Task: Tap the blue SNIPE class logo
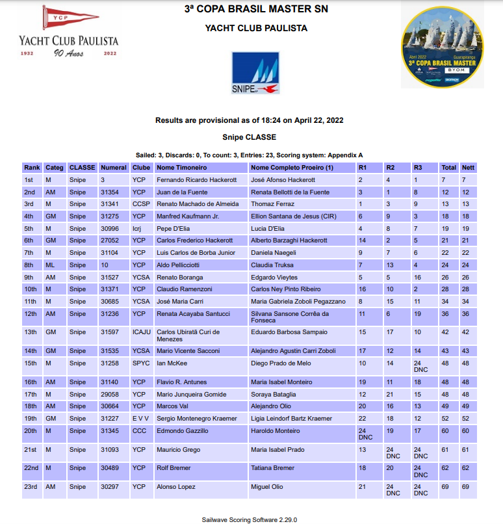tap(255, 73)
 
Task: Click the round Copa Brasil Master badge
tap(442, 47)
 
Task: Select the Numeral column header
tap(113, 168)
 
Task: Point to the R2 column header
tap(390, 168)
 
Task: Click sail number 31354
tap(110, 192)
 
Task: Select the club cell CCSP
tap(141, 204)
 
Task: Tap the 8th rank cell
tap(30, 265)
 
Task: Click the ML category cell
tap(49, 265)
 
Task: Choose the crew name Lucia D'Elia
tap(267, 229)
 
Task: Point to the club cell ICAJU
tap(142, 332)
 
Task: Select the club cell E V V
tap(141, 419)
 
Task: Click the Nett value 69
tap(466, 486)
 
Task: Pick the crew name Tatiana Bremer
tap(272, 467)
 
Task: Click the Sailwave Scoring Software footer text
tap(250, 519)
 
